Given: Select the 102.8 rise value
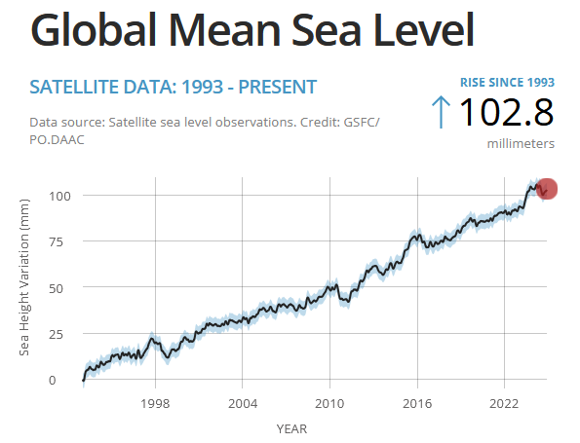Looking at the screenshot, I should point(506,112).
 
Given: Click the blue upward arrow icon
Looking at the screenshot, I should point(441,112).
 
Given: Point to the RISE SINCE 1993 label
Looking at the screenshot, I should point(507,82).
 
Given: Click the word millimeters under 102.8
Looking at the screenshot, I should point(521,143).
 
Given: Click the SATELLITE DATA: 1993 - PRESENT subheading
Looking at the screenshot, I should point(173,87).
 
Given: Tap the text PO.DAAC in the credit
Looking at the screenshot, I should point(60,140).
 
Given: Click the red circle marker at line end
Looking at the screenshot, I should point(546,189).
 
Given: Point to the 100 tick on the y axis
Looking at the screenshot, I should point(58,196).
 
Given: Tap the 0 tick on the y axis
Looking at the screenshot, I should point(65,380).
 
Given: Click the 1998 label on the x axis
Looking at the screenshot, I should point(155,403).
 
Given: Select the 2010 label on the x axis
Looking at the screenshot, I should point(329,403).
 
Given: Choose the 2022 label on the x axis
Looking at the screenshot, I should point(504,403).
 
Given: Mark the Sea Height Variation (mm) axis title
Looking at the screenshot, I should point(25,286).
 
